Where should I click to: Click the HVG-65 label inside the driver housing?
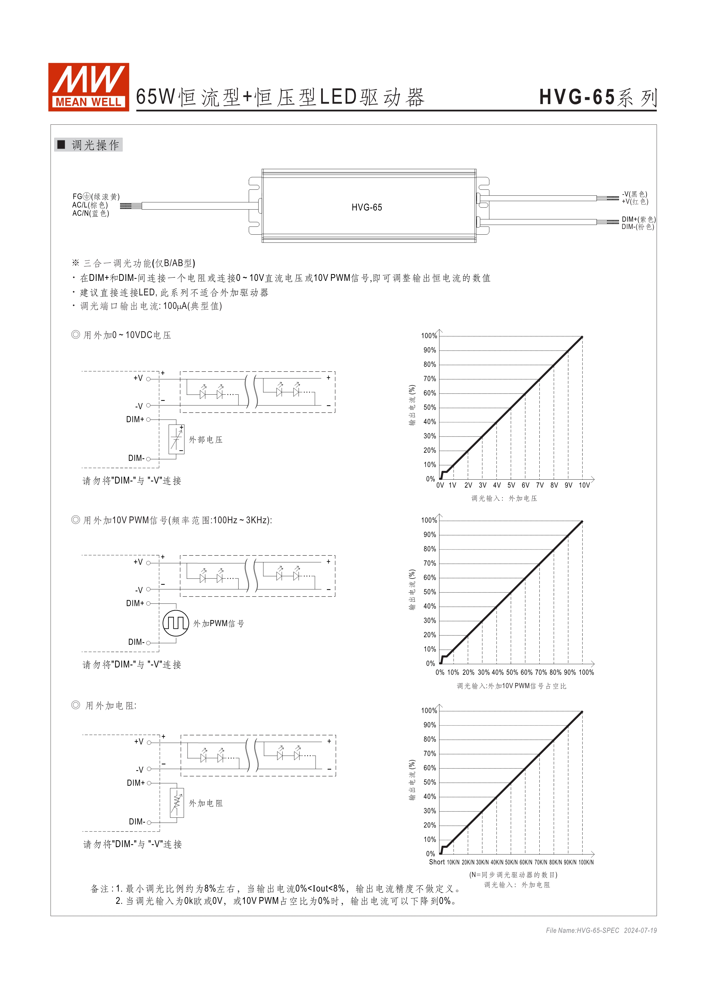[367, 207]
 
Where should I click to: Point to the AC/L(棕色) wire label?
[90, 205]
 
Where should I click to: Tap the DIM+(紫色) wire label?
[638, 219]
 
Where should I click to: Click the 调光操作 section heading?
[95, 145]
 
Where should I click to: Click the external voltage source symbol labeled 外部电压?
[176, 439]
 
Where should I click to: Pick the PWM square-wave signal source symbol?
[176, 623]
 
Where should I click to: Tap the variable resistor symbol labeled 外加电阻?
[177, 803]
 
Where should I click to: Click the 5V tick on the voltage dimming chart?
[511, 485]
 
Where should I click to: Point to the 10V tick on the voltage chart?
[584, 485]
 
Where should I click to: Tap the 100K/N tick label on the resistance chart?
[586, 862]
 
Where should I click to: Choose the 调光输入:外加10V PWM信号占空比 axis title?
[511, 686]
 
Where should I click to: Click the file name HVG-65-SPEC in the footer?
[582, 930]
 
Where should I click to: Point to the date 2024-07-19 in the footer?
[640, 930]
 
